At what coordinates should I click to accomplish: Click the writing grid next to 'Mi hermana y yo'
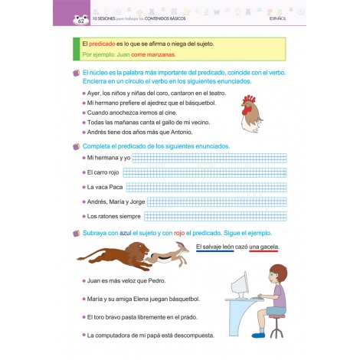click(x=205, y=157)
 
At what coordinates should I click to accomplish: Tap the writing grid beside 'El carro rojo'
click(x=205, y=172)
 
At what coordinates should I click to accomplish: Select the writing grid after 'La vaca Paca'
click(x=205, y=187)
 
